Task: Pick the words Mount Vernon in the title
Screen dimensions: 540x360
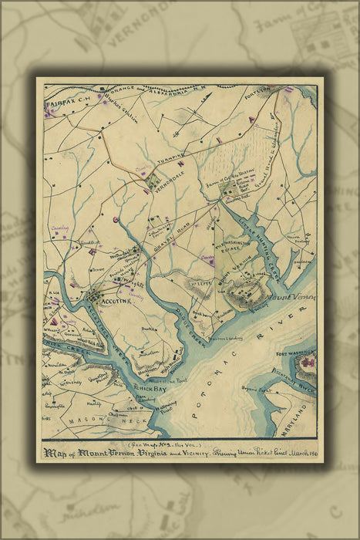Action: click(x=113, y=454)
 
